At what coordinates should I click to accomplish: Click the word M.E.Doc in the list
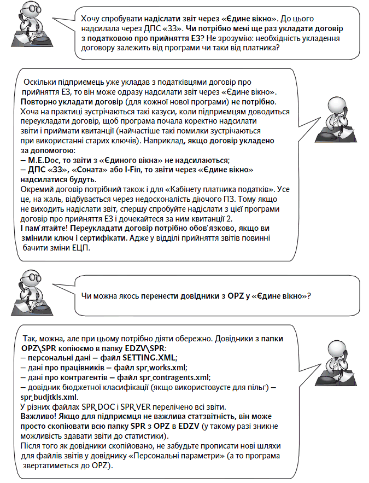(x=46, y=160)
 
